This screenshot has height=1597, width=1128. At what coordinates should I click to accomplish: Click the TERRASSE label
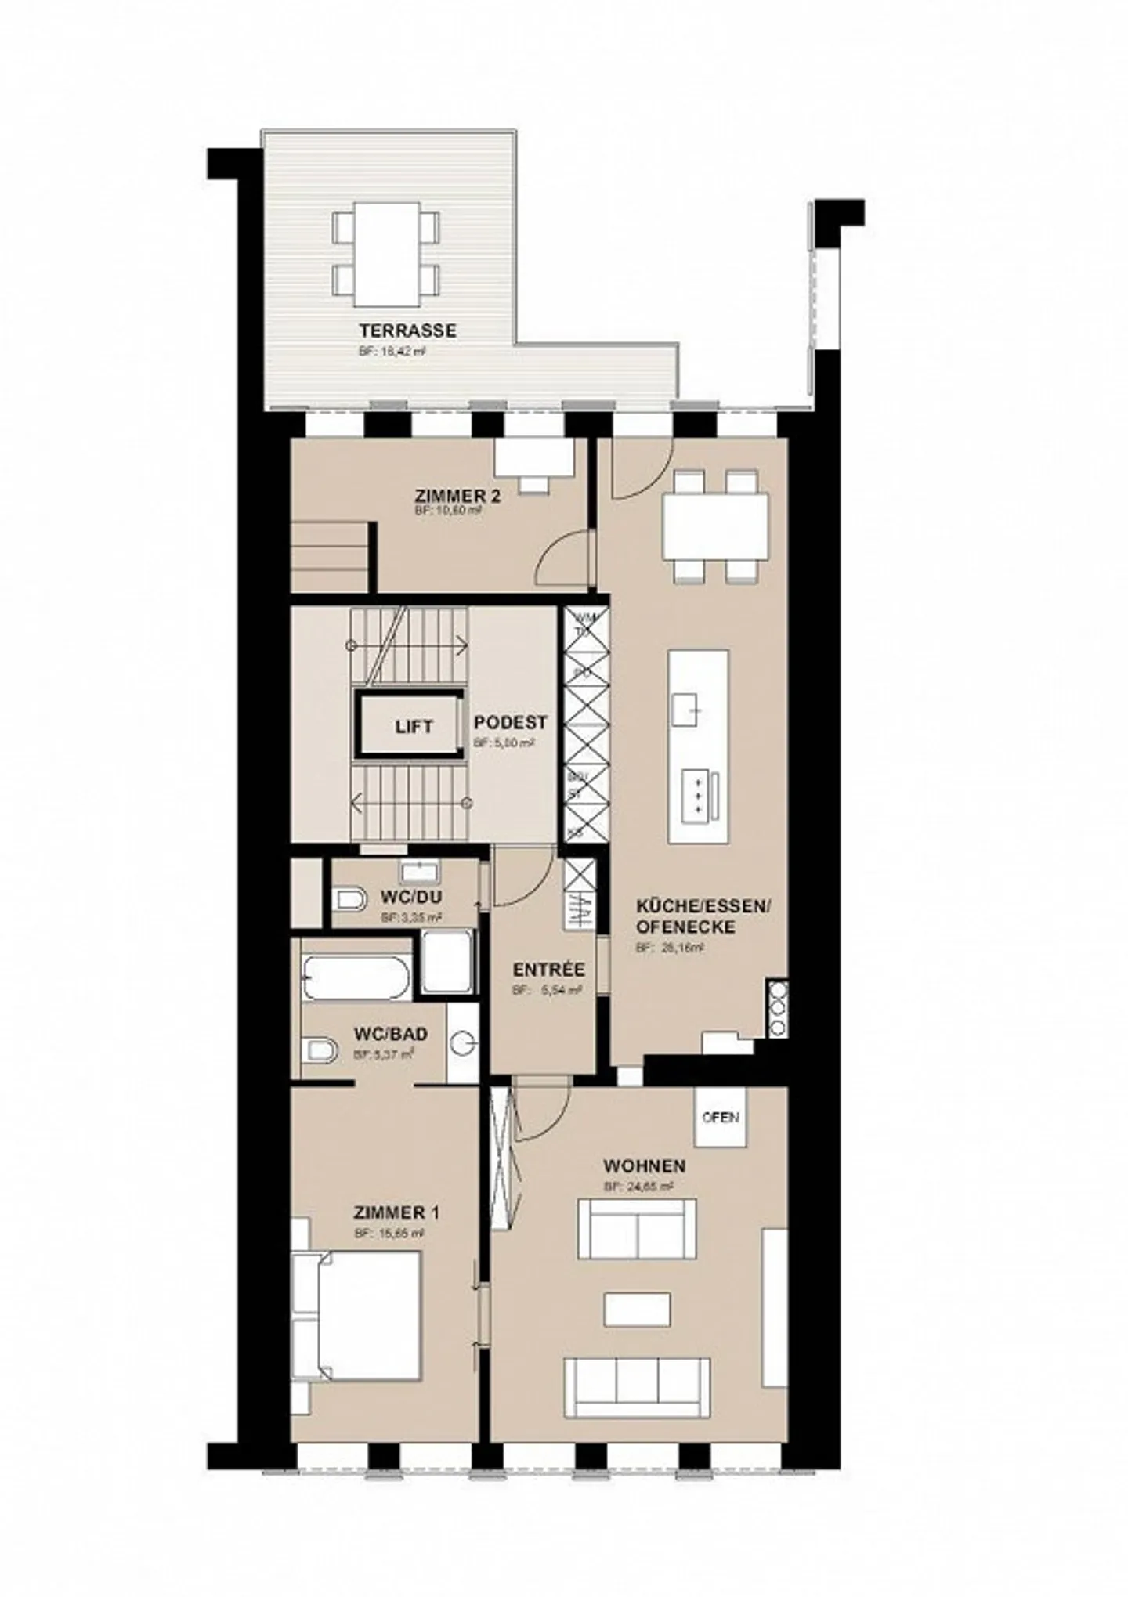click(407, 331)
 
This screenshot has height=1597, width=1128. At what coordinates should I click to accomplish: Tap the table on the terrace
click(385, 255)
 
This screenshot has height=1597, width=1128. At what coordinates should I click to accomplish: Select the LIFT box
click(414, 726)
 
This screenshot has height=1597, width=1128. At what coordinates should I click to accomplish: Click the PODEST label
click(510, 722)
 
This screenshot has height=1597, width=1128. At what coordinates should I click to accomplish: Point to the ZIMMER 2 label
click(457, 496)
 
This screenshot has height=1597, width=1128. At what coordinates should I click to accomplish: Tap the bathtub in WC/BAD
click(357, 978)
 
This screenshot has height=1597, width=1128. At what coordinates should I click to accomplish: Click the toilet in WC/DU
click(349, 899)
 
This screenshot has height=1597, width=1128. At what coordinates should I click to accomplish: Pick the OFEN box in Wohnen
click(721, 1117)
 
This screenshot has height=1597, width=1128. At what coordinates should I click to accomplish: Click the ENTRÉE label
click(548, 970)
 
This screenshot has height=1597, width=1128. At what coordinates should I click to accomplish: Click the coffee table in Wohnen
click(637, 1309)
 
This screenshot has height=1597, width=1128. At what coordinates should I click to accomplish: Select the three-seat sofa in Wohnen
click(637, 1387)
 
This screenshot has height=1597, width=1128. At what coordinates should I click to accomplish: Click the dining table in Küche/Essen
click(714, 526)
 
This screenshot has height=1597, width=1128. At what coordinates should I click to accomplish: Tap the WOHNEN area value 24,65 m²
click(638, 1187)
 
